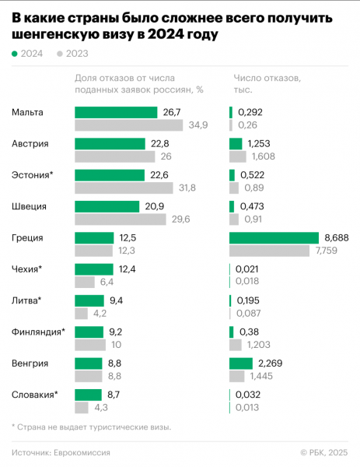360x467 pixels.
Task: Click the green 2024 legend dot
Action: click(x=15, y=54)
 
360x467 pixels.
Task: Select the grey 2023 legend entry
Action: click(x=72, y=54)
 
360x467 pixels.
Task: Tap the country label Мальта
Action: click(x=28, y=113)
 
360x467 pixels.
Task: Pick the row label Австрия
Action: click(x=30, y=144)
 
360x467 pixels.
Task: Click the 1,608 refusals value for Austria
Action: click(x=260, y=156)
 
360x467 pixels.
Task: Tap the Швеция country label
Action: click(x=30, y=207)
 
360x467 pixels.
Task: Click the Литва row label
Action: click(x=26, y=300)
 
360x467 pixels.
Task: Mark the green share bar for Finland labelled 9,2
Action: click(x=89, y=332)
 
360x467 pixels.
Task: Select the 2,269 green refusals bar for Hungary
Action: click(x=241, y=363)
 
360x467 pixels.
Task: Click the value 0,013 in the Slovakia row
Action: click(x=250, y=406)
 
